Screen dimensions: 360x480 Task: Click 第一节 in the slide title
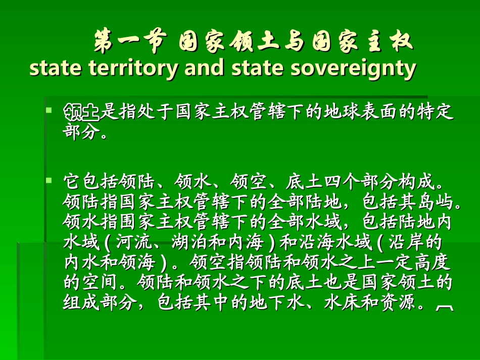pos(130,42)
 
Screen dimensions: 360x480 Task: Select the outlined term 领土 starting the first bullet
pos(81,111)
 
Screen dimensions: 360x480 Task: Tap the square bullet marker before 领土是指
pos(49,109)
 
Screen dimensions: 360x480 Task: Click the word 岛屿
pos(433,201)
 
